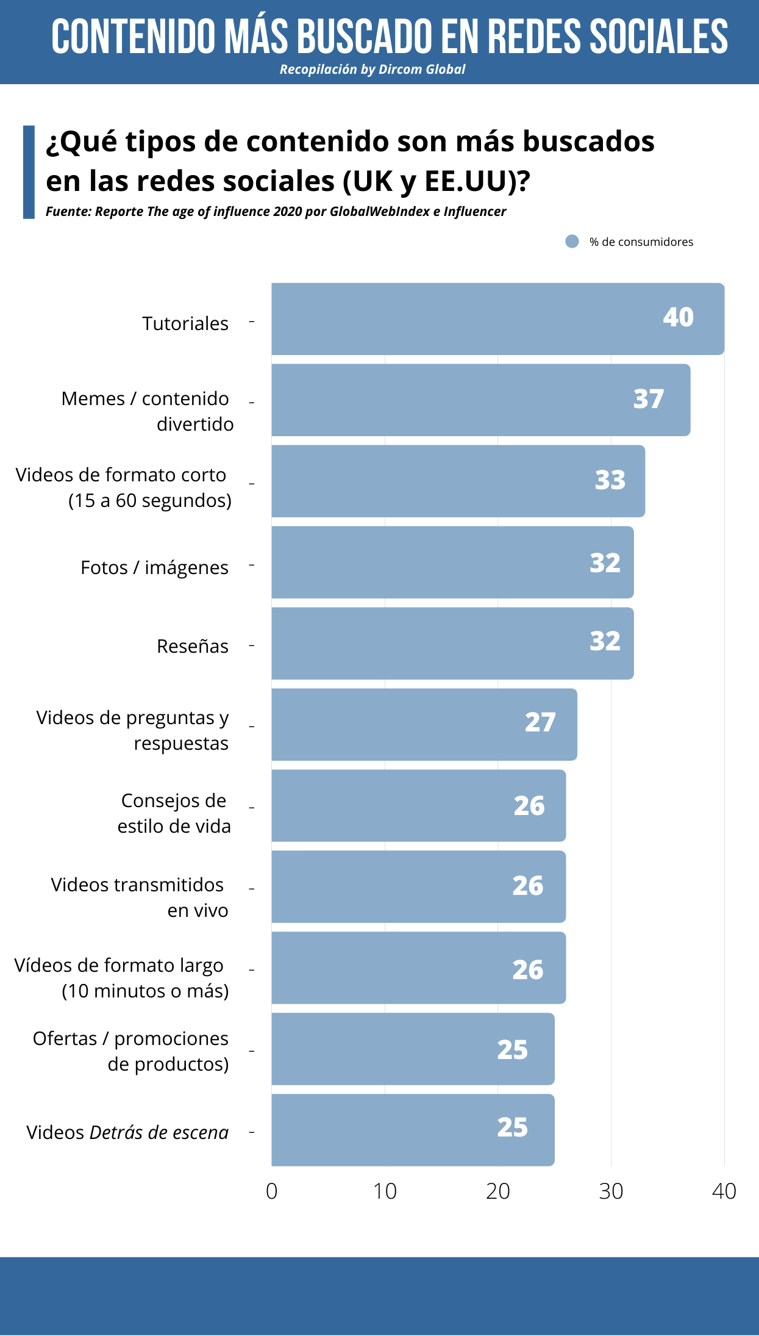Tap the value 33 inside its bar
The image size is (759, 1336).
(610, 480)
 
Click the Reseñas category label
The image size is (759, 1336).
(193, 646)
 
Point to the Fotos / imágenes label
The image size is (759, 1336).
(154, 567)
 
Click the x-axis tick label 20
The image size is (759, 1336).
(497, 1191)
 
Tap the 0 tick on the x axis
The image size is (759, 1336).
(272, 1191)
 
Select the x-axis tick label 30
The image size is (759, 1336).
(611, 1191)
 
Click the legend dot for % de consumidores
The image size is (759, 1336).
(572, 242)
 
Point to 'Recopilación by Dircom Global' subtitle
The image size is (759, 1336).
(372, 70)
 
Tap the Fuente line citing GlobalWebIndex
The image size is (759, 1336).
(276, 212)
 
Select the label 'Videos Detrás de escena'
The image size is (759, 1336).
(127, 1132)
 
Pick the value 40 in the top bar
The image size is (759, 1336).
(678, 317)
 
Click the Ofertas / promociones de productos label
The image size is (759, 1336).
(131, 1051)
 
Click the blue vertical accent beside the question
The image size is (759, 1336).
(29, 172)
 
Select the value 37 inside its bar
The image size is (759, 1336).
(648, 399)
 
